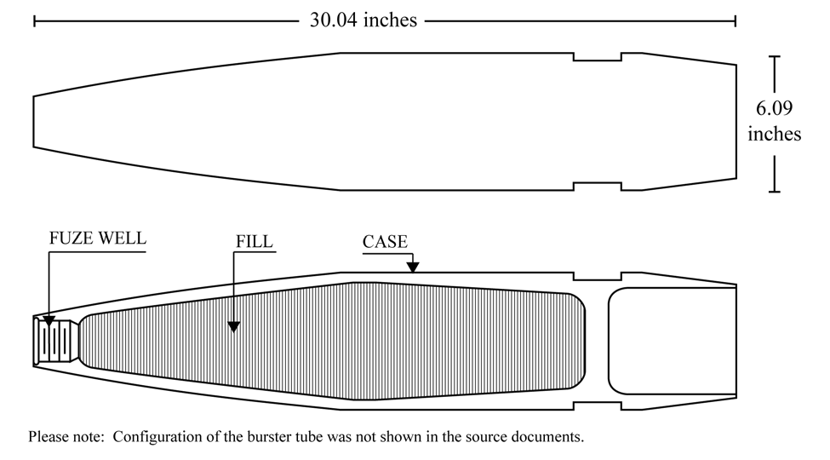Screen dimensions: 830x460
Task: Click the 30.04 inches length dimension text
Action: pos(363,20)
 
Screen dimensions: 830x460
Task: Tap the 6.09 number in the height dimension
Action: pos(774,108)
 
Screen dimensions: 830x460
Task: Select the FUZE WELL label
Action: pos(97,238)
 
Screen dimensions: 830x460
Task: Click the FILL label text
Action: pos(254,241)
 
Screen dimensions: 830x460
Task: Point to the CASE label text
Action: pos(385,242)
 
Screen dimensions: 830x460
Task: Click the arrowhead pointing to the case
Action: pos(413,267)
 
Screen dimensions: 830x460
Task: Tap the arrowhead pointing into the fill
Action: pos(233,327)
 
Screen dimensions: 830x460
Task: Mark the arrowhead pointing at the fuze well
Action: pos(49,320)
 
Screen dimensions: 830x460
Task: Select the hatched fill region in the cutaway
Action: pos(334,341)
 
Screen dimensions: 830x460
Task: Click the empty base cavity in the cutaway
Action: pos(673,342)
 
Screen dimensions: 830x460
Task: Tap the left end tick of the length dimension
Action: pos(34,21)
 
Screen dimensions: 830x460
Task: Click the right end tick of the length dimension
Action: pos(736,21)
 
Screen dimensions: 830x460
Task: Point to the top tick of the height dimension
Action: pos(774,56)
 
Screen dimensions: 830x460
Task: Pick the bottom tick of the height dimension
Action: pos(774,192)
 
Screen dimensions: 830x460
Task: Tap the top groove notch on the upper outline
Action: pos(597,57)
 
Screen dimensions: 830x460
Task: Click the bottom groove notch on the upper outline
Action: pos(597,186)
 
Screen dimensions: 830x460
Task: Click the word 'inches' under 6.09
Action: pos(774,134)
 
